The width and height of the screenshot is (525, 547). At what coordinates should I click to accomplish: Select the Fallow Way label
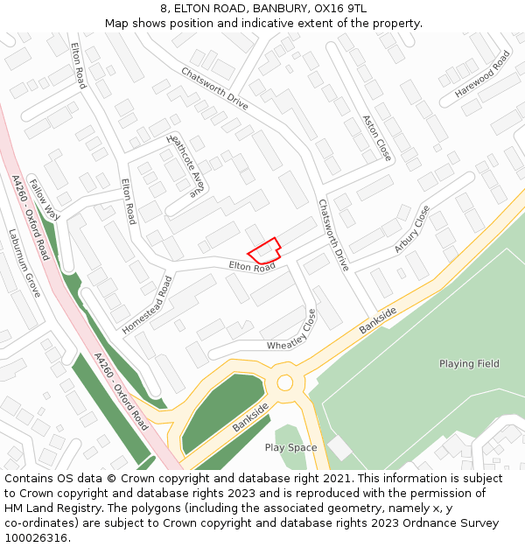pos(44,200)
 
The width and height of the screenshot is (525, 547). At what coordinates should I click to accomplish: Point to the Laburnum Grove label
pos(25,263)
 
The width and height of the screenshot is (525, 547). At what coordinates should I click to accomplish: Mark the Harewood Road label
pos(482,74)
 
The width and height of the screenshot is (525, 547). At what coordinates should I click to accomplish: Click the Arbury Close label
pos(412,229)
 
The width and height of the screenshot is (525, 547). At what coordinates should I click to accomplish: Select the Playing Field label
pos(469,363)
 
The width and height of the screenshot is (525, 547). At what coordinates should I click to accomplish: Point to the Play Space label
pos(290,447)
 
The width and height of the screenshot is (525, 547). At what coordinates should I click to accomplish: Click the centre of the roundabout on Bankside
pos(284,382)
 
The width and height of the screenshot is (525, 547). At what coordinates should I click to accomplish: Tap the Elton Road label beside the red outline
pos(252,265)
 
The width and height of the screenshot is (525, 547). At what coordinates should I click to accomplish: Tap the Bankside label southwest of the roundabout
pos(251,418)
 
